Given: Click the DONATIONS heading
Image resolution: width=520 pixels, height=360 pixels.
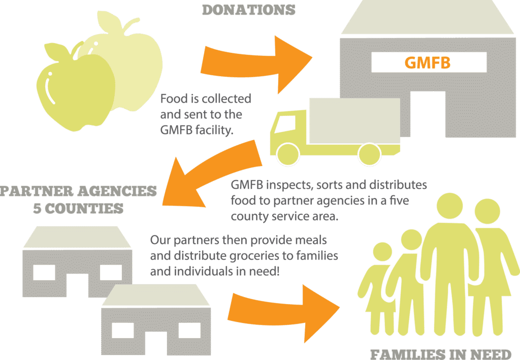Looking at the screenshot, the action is click(249, 10).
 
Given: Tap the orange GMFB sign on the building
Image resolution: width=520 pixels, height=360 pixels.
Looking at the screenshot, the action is click(428, 62).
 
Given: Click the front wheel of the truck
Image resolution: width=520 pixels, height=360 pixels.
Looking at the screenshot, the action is click(287, 154).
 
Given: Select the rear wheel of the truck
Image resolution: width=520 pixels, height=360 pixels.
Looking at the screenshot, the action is click(369, 154).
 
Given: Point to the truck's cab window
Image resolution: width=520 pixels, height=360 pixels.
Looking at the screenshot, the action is click(286, 124).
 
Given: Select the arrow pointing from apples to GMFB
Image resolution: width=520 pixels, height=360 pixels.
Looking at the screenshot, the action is click(256, 64).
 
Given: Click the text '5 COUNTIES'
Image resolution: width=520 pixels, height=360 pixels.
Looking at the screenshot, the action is click(78, 209).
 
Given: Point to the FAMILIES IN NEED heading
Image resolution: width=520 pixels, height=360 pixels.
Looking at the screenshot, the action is click(441, 354).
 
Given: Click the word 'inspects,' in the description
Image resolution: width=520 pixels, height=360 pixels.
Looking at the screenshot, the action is click(289, 185).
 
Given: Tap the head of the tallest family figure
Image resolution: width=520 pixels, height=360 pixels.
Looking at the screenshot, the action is click(449, 206).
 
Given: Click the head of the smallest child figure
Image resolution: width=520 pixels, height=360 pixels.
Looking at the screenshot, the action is click(382, 252).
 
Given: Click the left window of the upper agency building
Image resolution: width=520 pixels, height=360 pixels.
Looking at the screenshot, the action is click(44, 273).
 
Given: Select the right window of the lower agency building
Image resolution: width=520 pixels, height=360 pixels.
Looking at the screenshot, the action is click(190, 330).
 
